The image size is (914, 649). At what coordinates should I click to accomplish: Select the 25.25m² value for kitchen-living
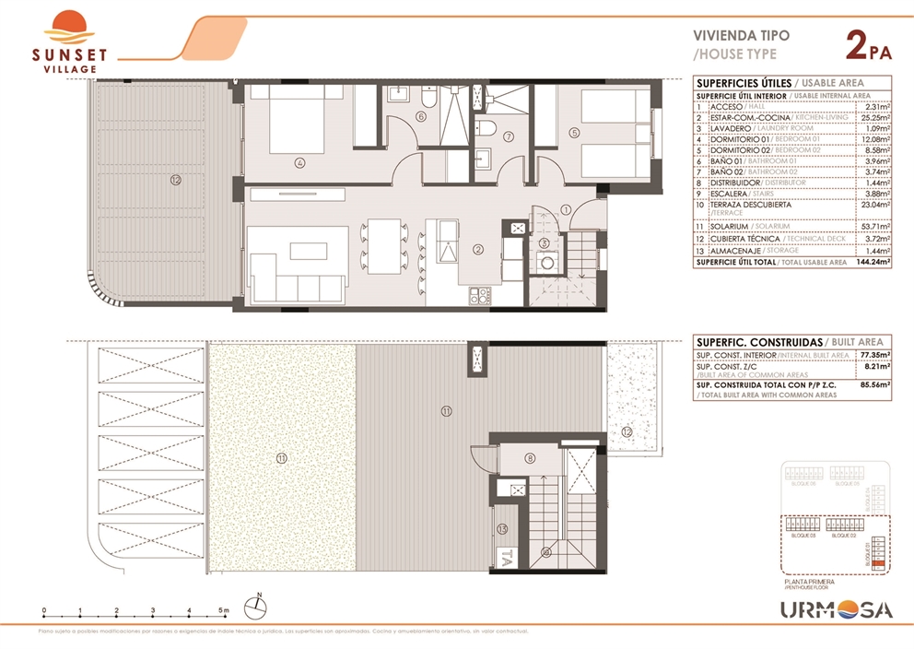873,118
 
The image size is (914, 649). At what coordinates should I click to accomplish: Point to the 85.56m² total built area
873,387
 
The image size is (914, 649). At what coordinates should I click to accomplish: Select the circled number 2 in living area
477,249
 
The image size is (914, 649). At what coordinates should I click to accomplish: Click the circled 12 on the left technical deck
175,180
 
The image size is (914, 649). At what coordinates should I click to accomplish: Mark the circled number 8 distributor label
530,458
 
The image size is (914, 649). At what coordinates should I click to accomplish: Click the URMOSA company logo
836,609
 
